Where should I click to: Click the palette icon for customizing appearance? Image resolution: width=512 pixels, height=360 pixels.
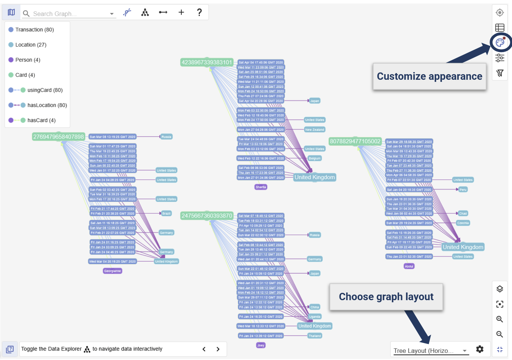500,43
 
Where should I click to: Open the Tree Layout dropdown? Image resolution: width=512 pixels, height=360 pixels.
430,351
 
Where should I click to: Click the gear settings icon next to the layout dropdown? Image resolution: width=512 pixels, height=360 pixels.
479,349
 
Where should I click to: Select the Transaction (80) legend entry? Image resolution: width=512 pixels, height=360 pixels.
34,30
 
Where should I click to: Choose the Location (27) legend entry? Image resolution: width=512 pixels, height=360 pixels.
30,45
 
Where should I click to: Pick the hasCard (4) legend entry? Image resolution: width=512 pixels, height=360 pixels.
41,120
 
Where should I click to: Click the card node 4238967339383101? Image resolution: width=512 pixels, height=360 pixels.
206,62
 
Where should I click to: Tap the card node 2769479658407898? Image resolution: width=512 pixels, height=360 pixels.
58,137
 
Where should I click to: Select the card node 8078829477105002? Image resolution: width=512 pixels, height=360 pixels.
355,141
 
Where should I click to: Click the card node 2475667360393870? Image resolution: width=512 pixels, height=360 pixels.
206,216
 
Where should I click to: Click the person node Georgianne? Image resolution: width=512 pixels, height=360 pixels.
112,271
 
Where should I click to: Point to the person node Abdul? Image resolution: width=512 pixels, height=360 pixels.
409,267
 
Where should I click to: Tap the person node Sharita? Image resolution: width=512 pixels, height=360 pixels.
261,187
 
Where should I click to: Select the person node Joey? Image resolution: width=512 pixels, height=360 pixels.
261,345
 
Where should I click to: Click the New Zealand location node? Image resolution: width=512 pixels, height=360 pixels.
315,130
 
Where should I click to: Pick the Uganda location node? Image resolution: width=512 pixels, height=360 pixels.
315,317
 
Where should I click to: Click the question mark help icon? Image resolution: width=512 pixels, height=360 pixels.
199,13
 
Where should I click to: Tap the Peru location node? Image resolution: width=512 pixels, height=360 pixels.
463,190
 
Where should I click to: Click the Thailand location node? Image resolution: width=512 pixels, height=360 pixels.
315,336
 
